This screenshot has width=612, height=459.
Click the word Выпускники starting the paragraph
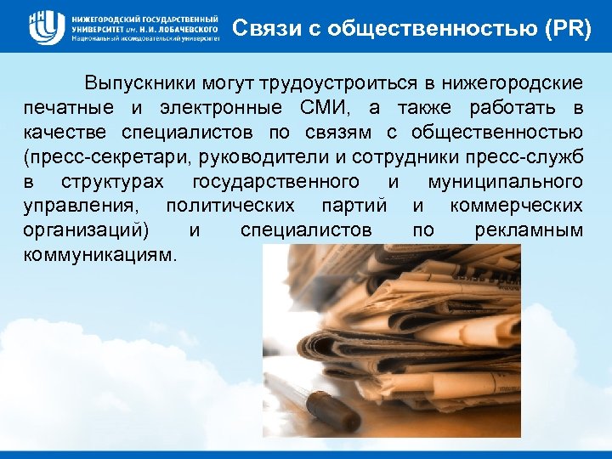point(139,84)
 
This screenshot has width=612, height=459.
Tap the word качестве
point(69,133)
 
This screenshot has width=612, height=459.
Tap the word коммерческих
point(517,207)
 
